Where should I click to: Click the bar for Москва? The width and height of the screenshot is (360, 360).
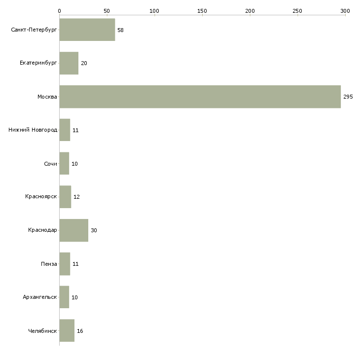200,97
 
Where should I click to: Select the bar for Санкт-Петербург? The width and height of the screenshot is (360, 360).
87,30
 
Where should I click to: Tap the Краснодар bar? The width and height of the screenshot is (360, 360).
73,230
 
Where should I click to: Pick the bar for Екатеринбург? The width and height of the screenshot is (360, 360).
69,63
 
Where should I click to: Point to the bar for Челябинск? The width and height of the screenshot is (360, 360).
67,330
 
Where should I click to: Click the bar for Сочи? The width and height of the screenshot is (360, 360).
64,164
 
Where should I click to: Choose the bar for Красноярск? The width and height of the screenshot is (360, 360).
65,197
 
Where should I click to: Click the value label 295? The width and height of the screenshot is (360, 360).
348,97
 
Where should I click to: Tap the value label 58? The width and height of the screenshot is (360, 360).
120,30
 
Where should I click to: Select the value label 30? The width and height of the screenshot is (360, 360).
94,230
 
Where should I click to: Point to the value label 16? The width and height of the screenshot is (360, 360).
80,331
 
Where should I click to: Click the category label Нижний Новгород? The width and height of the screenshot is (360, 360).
33,130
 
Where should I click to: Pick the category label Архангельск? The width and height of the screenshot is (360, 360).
39,297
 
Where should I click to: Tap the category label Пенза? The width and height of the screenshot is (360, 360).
49,264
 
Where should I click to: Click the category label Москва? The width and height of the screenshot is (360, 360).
47,97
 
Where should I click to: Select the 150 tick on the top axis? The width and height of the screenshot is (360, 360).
202,10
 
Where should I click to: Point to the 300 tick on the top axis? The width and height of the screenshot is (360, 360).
345,10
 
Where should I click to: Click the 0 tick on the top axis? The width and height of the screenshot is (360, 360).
59,10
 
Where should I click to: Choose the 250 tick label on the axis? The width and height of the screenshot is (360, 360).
297,10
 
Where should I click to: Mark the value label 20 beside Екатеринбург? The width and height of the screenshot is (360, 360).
84,63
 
